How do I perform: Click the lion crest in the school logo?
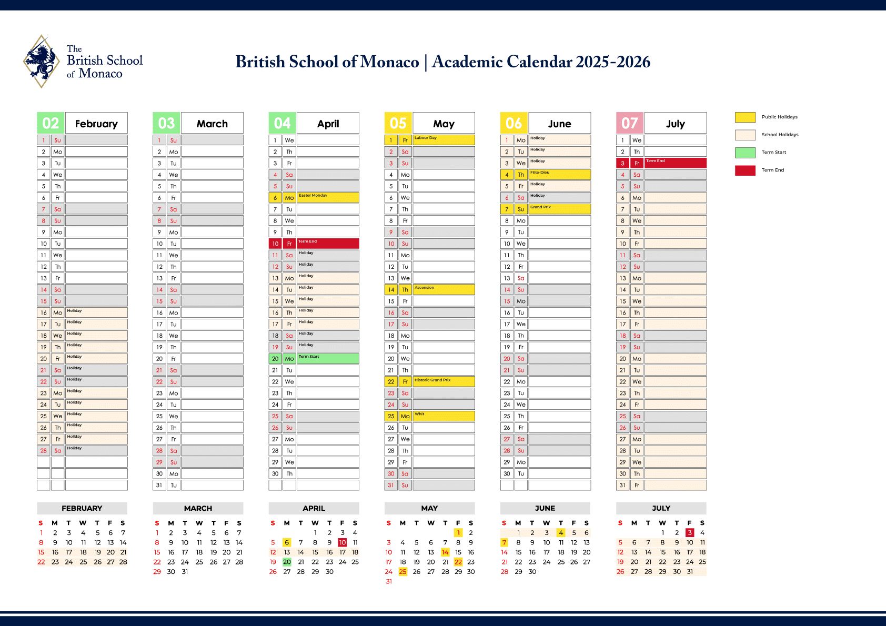(41, 61)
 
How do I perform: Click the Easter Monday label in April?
(313, 196)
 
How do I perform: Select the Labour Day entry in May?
(426, 138)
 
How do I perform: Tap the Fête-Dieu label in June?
(540, 173)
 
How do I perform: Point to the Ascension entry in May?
(425, 288)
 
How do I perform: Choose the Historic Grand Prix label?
(432, 380)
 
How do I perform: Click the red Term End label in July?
(656, 161)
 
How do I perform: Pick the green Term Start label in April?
(309, 357)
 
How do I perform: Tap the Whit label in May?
(419, 414)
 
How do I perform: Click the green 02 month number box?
(51, 123)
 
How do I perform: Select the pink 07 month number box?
(629, 123)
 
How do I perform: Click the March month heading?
(212, 124)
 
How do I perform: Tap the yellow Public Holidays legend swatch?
(745, 117)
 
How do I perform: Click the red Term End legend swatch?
(745, 170)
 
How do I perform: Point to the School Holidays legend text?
(780, 135)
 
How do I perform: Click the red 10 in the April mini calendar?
(343, 542)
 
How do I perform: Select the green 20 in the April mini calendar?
(287, 562)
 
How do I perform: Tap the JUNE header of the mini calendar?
(545, 508)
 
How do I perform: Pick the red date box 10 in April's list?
(275, 244)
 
